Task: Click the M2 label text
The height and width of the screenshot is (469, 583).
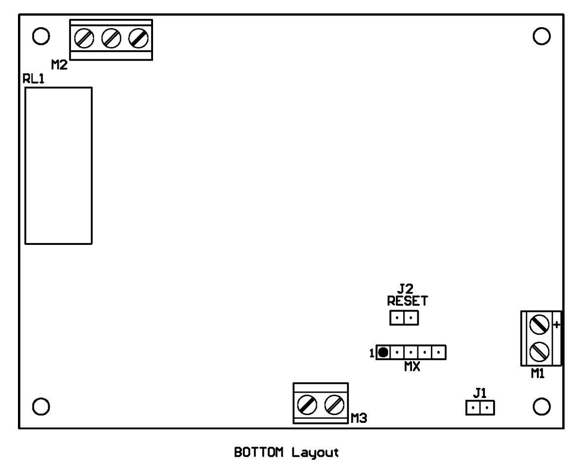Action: point(59,65)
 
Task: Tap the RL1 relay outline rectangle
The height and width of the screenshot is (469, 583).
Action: point(25,166)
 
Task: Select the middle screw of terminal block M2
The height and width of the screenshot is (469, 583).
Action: point(111,38)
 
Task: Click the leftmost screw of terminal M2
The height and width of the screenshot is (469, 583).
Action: point(84,38)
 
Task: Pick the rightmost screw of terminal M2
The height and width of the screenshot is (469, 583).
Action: point(138,38)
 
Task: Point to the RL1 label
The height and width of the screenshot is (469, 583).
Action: point(34,79)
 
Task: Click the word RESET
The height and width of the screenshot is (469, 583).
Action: point(408,301)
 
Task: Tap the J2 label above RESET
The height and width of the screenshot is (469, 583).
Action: point(405,289)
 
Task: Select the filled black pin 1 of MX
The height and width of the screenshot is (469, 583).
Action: point(383,352)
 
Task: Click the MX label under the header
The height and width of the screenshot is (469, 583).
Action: point(412,367)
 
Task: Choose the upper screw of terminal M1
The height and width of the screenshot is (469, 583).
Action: point(539,325)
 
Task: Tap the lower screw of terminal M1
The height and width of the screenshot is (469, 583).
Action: point(539,352)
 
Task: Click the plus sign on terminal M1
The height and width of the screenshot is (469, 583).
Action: point(556,325)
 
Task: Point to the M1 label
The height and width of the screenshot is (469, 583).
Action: point(537,374)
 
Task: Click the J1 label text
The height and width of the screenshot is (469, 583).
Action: point(480,393)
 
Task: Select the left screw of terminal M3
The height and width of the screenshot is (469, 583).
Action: point(307,405)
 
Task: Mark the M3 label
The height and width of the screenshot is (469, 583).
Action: point(359,418)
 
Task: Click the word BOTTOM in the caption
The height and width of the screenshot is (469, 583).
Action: point(259,452)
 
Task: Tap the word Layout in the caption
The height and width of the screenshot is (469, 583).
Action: point(315,453)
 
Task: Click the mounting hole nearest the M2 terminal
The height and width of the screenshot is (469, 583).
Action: point(41,28)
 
